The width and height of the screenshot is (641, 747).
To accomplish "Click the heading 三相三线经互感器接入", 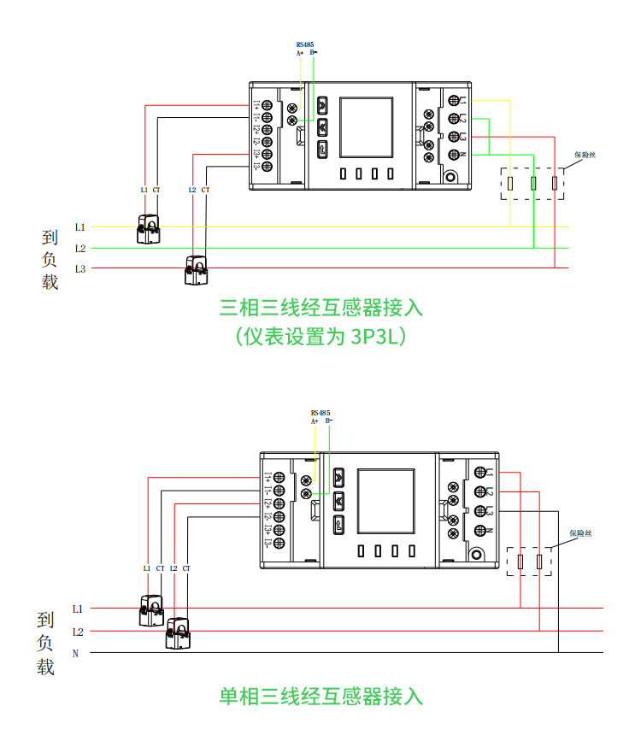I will pos(320,306).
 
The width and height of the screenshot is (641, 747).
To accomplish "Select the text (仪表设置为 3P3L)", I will pos(320,337).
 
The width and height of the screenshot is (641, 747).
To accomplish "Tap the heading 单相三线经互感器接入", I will pos(320,696).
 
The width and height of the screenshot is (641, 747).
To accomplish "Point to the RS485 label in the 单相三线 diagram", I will pos(320,412).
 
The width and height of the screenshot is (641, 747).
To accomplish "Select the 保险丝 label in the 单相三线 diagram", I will pos(582,533).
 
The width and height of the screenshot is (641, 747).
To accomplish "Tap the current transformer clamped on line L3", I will pos(197,270).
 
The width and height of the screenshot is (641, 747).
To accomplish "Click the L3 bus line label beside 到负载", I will pos(79,269).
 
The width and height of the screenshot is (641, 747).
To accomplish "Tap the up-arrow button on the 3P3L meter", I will pos(322,106).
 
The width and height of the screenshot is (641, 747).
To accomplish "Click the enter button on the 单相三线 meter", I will pos(339,524).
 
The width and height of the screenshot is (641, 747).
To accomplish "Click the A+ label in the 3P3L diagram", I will pos(300,53).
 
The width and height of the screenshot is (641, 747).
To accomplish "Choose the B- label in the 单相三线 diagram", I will pos(329,421).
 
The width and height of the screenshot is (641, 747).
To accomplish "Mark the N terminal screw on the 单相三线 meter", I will pos(479,531).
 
